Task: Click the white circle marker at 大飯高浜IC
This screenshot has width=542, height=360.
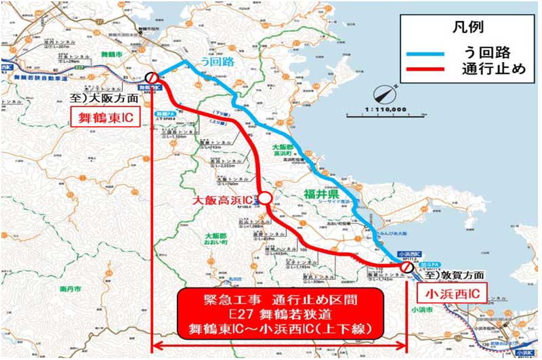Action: click(265, 198)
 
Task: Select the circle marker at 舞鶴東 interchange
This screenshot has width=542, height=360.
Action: click(153, 79)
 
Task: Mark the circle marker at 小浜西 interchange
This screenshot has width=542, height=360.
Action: click(406, 268)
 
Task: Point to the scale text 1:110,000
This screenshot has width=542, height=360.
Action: click(385, 108)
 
